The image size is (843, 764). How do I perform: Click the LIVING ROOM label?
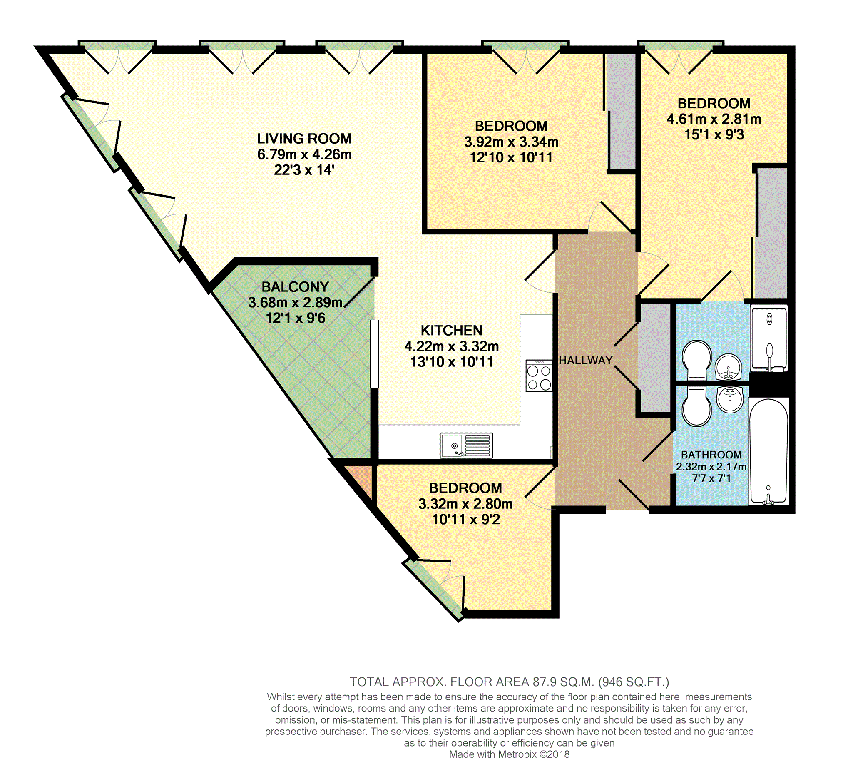[304, 138]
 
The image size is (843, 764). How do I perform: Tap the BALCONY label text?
[295, 287]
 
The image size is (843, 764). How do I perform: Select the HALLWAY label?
[585, 361]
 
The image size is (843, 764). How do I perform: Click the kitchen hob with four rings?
[539, 376]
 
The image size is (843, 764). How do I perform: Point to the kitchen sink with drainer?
[466, 445]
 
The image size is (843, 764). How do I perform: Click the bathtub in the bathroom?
[768, 452]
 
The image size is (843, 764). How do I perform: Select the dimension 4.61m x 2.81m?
[714, 119]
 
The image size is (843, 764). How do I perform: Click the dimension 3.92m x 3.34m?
[511, 142]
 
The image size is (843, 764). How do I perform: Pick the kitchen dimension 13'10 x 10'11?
[452, 362]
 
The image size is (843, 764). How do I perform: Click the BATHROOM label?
[711, 455]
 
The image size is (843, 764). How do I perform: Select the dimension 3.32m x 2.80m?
[465, 504]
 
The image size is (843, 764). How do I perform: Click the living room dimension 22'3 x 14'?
[304, 170]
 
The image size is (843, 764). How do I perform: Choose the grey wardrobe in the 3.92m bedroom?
[621, 112]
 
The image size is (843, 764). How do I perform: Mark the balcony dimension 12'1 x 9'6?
[295, 318]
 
